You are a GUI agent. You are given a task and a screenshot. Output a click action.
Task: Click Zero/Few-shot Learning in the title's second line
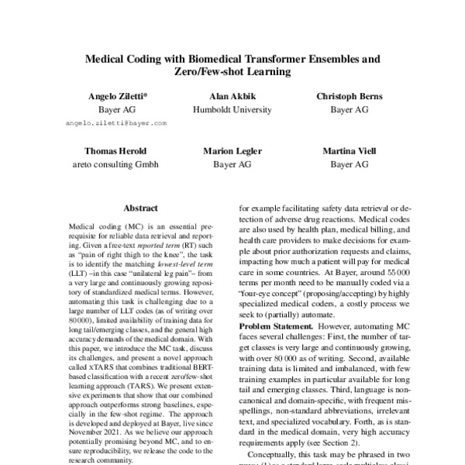[232, 72]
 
